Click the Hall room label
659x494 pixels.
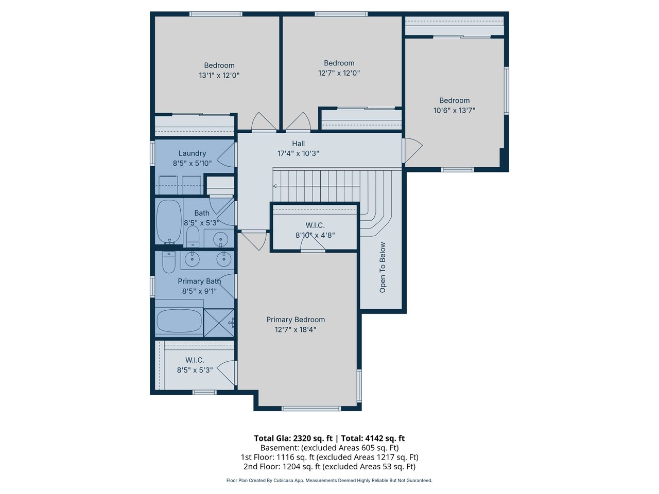pyautogui.click(x=298, y=144)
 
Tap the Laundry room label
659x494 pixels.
pyautogui.click(x=192, y=153)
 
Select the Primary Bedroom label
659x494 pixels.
pyautogui.click(x=296, y=320)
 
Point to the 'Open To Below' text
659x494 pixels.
pyautogui.click(x=383, y=267)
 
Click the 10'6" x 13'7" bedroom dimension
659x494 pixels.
pyautogui.click(x=454, y=110)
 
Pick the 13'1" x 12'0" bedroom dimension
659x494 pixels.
pyautogui.click(x=219, y=75)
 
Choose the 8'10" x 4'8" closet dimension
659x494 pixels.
pyautogui.click(x=315, y=235)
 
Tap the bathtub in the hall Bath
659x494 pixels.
pyautogui.click(x=169, y=221)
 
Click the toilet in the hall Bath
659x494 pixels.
pyautogui.click(x=193, y=236)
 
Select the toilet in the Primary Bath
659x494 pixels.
pyautogui.click(x=168, y=262)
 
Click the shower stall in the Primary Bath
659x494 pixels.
pyautogui.click(x=219, y=323)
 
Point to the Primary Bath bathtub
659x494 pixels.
pyautogui.click(x=179, y=321)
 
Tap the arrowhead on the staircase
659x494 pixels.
pyautogui.click(x=274, y=186)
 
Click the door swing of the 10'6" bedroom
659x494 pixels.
pyautogui.click(x=412, y=150)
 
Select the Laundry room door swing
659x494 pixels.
pyautogui.click(x=226, y=154)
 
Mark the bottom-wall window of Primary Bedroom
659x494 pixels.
pyautogui.click(x=311, y=408)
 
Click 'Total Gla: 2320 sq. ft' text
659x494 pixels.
pyautogui.click(x=293, y=438)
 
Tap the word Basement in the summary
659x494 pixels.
pyautogui.click(x=279, y=448)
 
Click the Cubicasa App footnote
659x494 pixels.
pyautogui.click(x=329, y=480)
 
